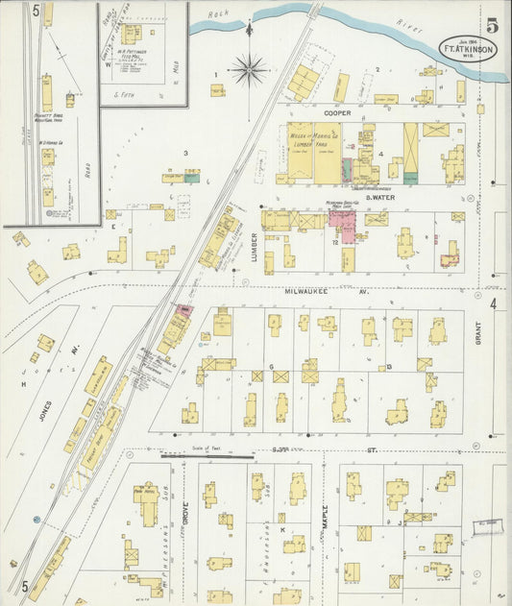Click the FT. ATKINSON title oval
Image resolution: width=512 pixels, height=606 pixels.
[x=470, y=47]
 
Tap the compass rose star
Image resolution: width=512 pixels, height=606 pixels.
[x=249, y=69]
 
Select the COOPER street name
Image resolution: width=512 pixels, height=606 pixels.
[x=337, y=112]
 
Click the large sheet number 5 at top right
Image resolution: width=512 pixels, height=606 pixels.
[x=492, y=24]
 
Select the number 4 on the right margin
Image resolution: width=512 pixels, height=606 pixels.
[x=495, y=304]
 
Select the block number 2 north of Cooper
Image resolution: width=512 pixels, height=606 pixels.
[x=378, y=70]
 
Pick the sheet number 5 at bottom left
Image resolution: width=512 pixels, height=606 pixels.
[x=24, y=585]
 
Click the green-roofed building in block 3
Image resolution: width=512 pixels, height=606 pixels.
[x=192, y=177]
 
